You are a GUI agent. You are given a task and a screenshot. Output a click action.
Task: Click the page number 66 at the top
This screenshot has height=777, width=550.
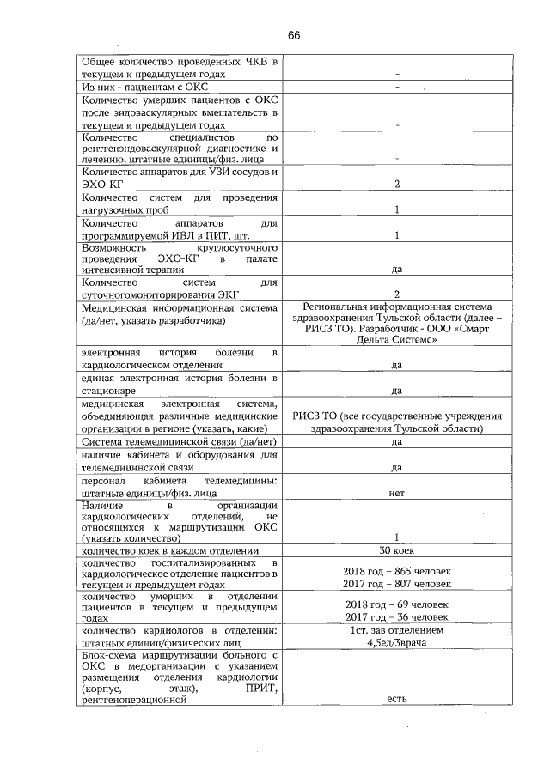(294, 35)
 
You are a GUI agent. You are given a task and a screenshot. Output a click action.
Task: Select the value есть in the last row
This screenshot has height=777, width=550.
(396, 699)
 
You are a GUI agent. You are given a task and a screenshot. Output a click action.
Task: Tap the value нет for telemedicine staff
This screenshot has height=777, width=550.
(396, 494)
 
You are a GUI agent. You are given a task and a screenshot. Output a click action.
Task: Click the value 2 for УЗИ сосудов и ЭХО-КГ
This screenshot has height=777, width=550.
(396, 184)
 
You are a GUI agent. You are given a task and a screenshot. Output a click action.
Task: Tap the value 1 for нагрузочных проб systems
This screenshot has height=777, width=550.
(396, 209)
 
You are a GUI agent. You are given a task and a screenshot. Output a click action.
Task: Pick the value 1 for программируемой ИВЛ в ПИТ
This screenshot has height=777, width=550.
(396, 235)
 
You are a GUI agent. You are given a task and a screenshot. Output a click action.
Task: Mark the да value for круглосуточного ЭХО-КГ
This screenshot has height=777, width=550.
(396, 269)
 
